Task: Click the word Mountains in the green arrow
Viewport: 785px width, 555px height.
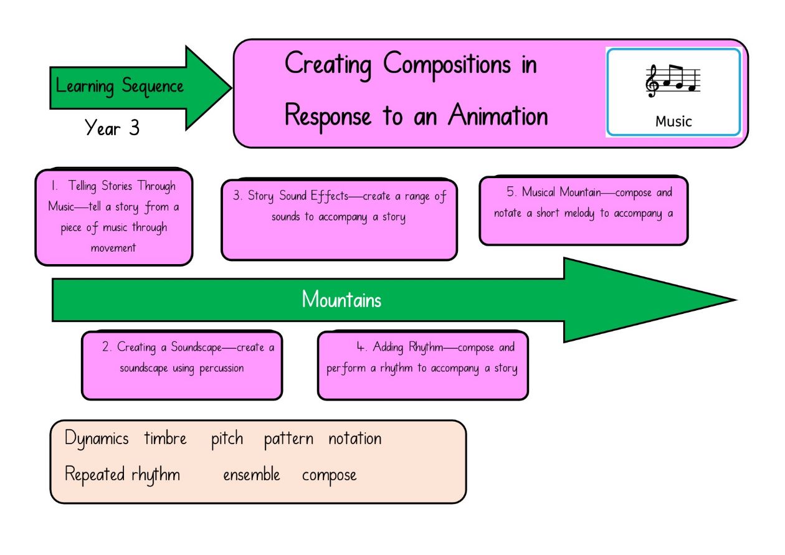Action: click(x=341, y=300)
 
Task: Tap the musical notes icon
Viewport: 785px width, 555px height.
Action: click(x=673, y=81)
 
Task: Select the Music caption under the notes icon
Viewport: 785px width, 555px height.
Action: click(x=673, y=121)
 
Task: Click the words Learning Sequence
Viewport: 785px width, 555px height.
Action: click(x=120, y=86)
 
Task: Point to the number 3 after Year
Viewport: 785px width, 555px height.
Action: click(x=134, y=128)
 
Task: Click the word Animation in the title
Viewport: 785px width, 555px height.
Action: click(x=498, y=115)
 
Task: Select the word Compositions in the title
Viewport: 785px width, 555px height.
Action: click(x=447, y=65)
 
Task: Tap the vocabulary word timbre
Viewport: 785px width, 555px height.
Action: click(x=166, y=438)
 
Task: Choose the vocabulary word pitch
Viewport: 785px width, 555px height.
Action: click(x=227, y=439)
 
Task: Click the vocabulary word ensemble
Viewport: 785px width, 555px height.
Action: click(x=252, y=475)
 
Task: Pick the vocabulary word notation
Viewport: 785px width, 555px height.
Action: click(x=355, y=439)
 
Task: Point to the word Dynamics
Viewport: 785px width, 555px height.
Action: click(x=97, y=439)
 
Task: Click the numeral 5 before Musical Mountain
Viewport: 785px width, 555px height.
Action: click(x=511, y=191)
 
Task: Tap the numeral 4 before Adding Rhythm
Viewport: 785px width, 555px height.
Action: click(x=361, y=347)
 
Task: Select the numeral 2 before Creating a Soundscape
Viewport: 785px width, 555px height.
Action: click(x=106, y=346)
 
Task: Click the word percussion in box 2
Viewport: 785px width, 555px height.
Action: click(x=222, y=369)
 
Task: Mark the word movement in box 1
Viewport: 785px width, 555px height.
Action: click(x=113, y=248)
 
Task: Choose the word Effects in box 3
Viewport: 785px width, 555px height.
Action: click(x=330, y=196)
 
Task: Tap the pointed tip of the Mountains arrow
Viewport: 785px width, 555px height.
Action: click(x=736, y=300)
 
